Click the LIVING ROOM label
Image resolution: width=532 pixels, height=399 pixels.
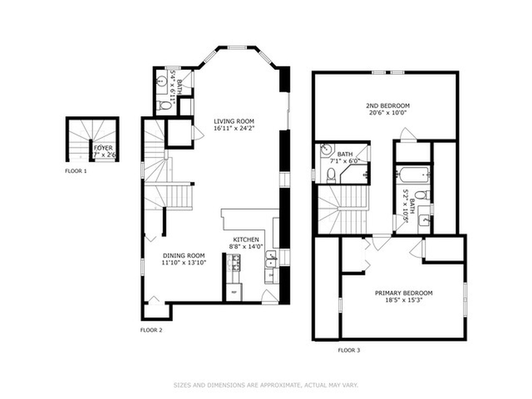(234, 121)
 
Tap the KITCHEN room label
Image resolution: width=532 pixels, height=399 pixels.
(246, 240)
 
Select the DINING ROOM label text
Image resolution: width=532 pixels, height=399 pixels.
(184, 256)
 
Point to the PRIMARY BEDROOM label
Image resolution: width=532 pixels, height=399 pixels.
(403, 293)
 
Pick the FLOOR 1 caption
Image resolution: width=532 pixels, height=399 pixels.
(76, 171)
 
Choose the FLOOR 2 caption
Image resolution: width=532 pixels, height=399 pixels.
(151, 330)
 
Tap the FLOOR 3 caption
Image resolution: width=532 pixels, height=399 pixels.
(349, 350)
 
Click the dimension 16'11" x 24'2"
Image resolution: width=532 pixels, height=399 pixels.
(234, 128)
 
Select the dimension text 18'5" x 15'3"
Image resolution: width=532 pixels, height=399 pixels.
(403, 300)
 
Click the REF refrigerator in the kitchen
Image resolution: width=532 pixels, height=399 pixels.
(234, 292)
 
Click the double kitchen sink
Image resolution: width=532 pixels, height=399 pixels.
(271, 259)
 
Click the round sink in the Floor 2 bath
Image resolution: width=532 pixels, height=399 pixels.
(161, 80)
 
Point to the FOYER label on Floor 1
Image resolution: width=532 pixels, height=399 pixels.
(103, 148)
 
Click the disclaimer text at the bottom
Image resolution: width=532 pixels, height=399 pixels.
(266, 385)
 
